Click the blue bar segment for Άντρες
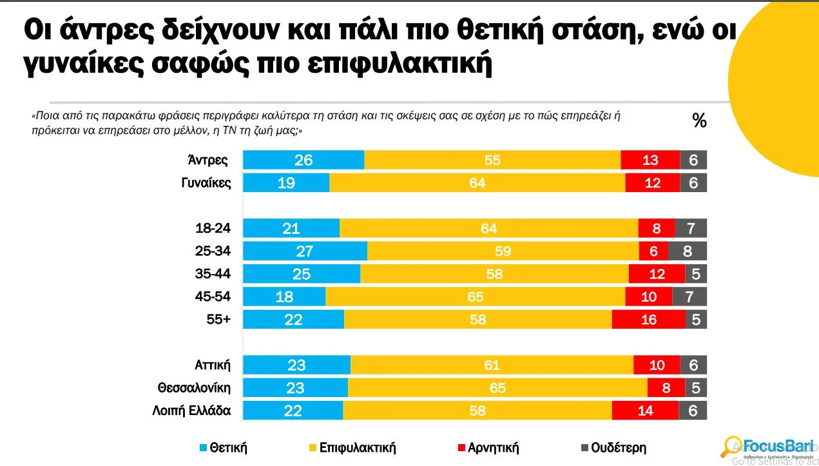[304, 160]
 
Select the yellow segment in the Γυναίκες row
[477, 183]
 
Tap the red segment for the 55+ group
[648, 320]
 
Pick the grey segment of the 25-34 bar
[688, 251]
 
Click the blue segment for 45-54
[284, 296]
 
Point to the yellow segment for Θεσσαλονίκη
[497, 388]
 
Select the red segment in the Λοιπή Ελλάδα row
[645, 411]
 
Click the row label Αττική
[212, 365]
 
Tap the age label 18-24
[213, 228]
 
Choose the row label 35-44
[213, 274]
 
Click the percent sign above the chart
[699, 121]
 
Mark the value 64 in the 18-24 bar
[488, 228]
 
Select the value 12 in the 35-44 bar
[657, 274]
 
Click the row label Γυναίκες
[206, 183]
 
